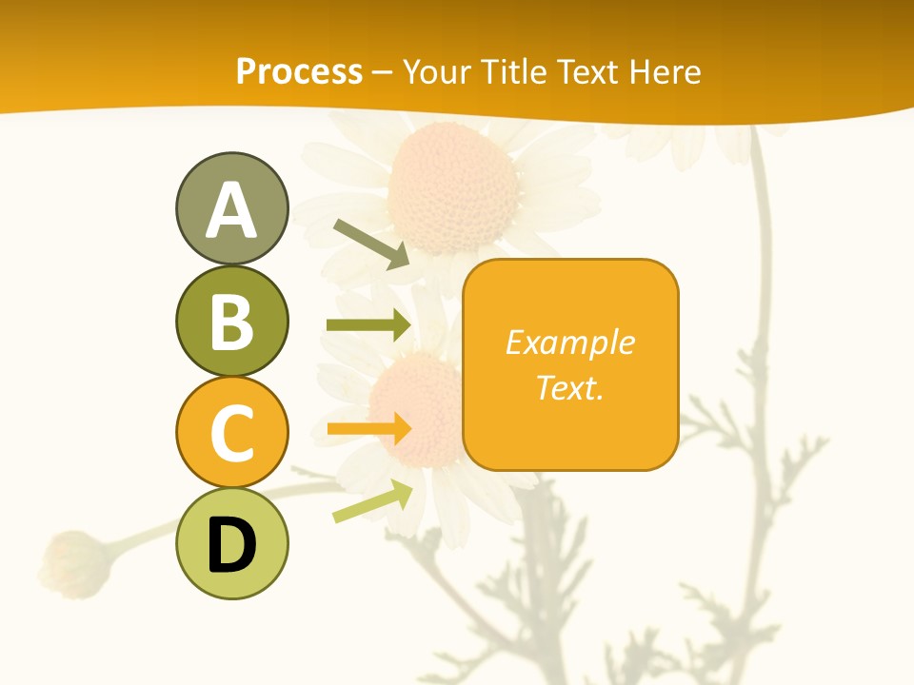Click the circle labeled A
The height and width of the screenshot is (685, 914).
(x=231, y=208)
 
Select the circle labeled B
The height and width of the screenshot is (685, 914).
(x=231, y=321)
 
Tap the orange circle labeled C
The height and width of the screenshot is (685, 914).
(x=231, y=432)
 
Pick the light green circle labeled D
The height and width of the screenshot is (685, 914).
(x=231, y=543)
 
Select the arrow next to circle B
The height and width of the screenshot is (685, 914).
(x=368, y=325)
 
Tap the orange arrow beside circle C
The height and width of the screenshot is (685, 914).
(x=368, y=429)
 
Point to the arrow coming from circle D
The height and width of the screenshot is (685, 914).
(x=372, y=500)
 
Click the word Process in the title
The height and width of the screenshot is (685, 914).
(x=299, y=71)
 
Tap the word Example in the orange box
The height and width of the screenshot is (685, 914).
(x=570, y=342)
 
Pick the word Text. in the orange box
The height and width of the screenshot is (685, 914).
(x=570, y=387)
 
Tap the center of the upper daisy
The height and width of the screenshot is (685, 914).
(x=453, y=187)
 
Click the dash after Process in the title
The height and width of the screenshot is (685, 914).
(x=383, y=72)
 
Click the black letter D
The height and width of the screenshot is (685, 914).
(x=231, y=545)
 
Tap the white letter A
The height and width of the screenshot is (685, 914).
(x=231, y=210)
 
